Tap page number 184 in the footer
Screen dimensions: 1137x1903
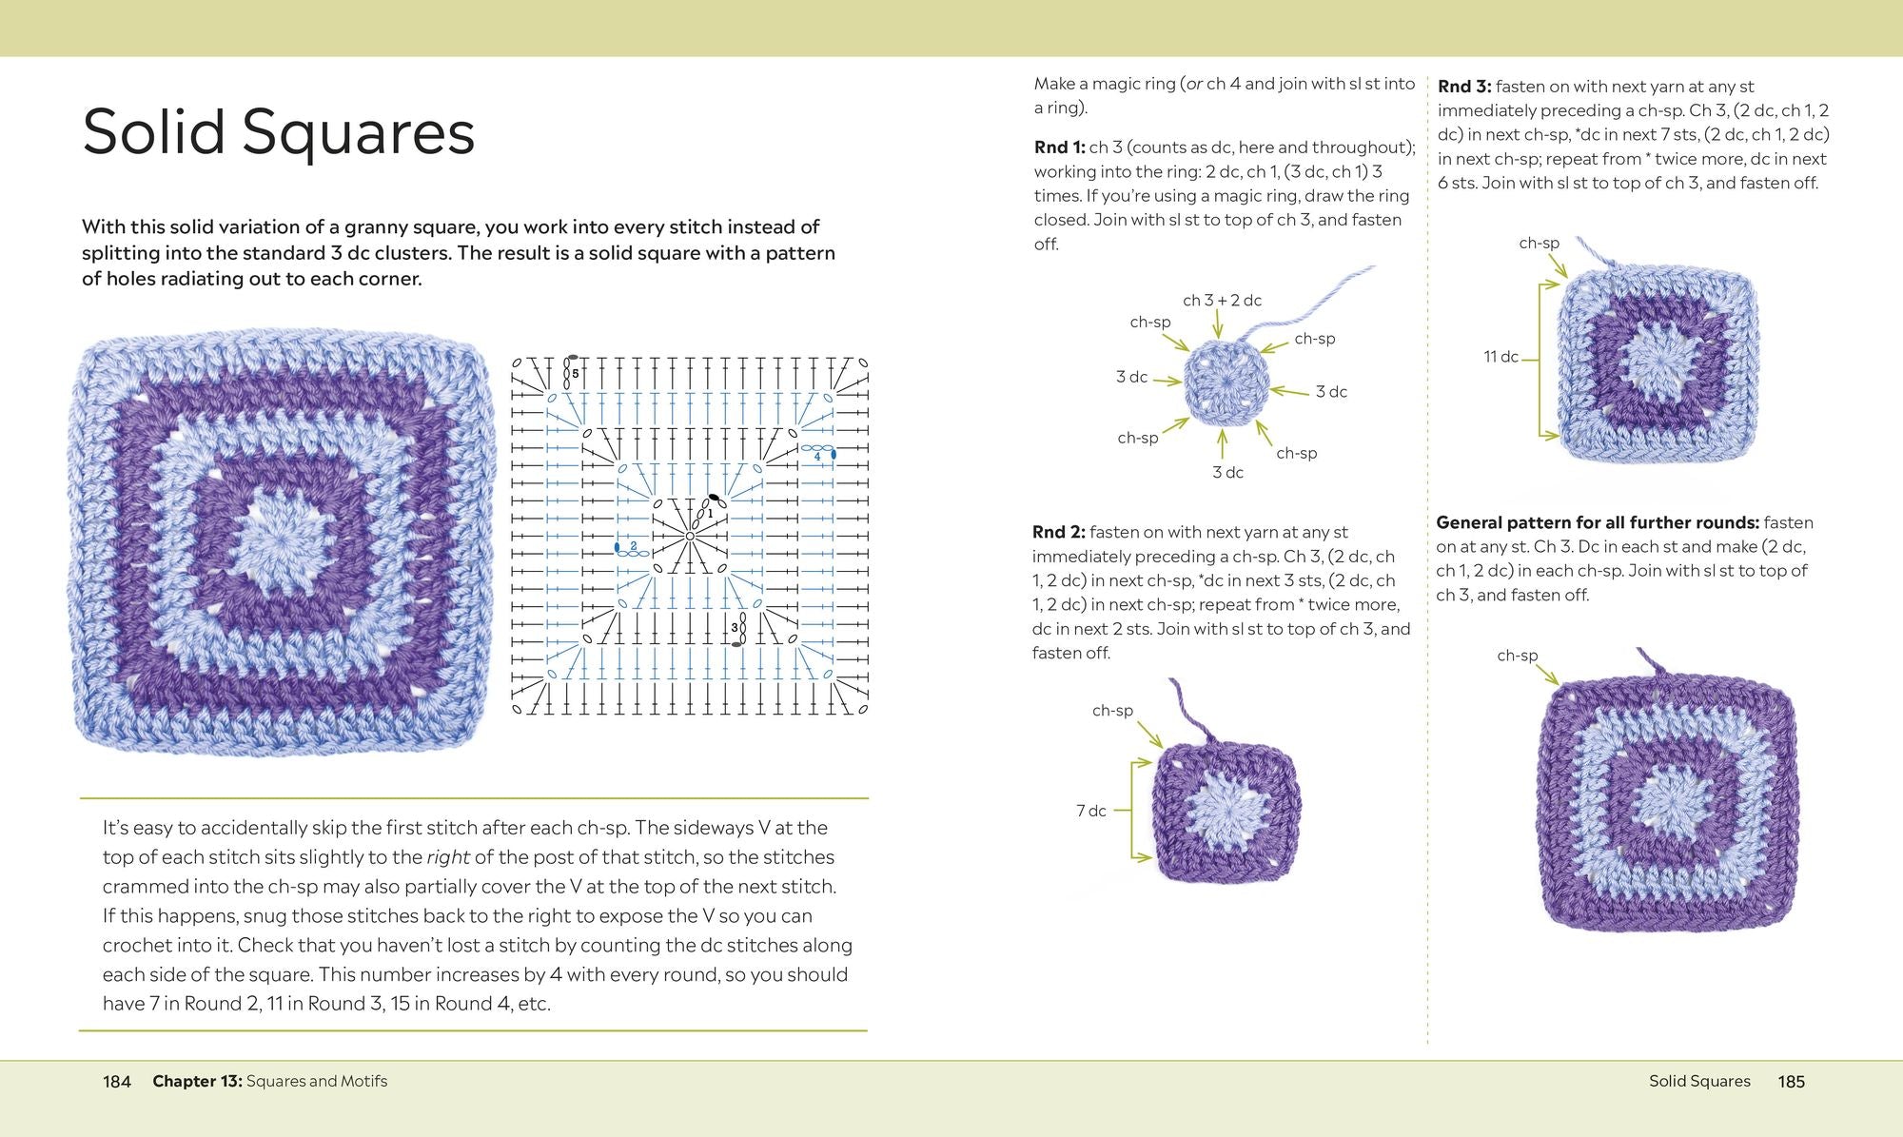(117, 1081)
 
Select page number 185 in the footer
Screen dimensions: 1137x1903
(1791, 1081)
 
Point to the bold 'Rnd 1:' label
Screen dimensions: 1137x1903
(1059, 147)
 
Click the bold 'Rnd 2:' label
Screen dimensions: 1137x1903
(1058, 532)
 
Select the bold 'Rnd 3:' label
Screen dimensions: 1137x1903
(1464, 87)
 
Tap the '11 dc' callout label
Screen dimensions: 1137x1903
(1501, 357)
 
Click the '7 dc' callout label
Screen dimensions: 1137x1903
(1091, 811)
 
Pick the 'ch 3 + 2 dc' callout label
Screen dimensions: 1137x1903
(1222, 301)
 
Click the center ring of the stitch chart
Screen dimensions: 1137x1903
(690, 537)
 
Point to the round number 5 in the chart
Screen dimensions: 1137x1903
(575, 374)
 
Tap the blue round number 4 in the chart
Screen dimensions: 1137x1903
(816, 457)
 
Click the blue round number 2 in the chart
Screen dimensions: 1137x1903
(634, 545)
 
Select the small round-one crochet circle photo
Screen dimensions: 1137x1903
(1226, 382)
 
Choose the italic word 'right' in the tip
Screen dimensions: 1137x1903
(448, 857)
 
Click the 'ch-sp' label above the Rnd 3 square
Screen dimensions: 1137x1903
(1539, 244)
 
